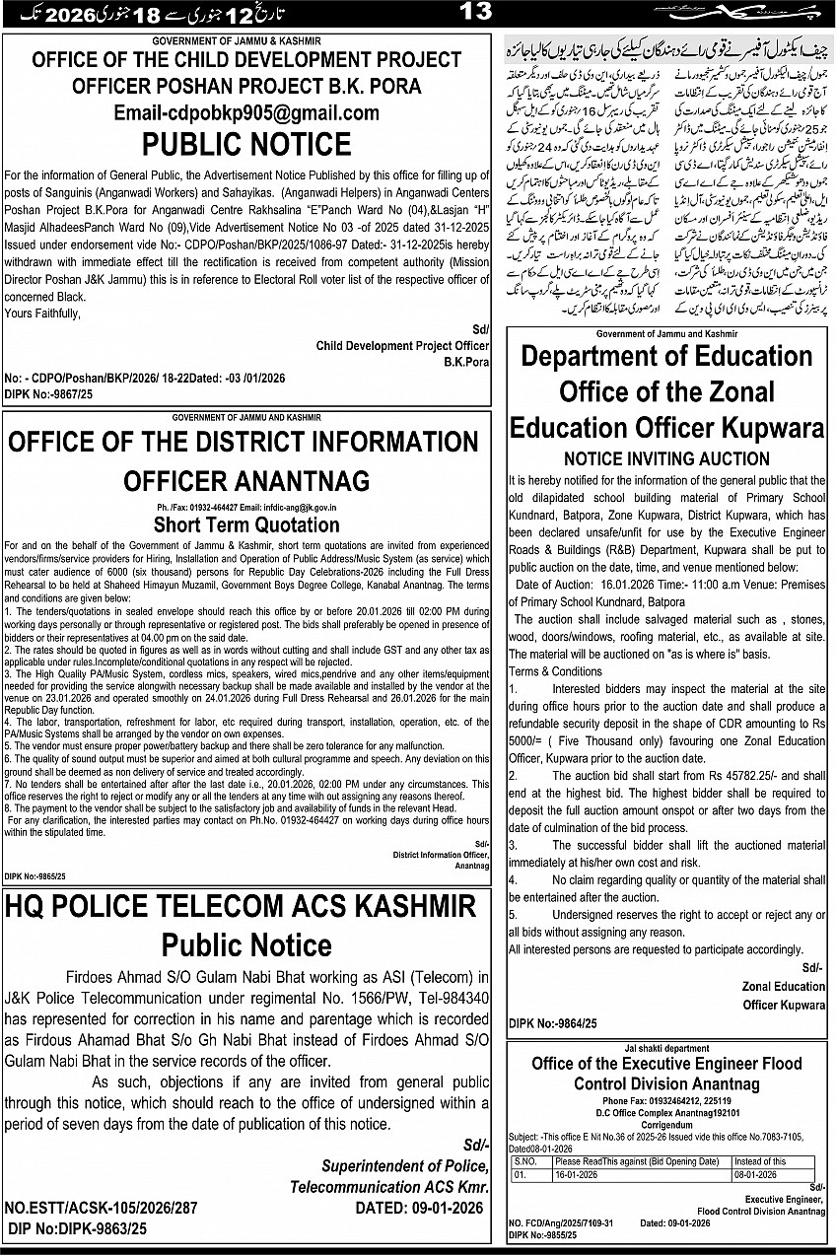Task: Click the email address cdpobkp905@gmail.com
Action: coord(245,112)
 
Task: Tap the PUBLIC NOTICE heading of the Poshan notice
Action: coord(245,144)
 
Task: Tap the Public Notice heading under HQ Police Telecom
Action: coord(246,945)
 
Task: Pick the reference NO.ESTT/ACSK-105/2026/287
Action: coord(101,1208)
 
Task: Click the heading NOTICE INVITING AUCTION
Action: coord(667,458)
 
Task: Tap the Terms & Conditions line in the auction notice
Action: coord(555,671)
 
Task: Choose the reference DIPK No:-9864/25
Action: coord(553,1024)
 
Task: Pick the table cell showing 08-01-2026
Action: coord(756,1175)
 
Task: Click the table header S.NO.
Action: coord(524,1162)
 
